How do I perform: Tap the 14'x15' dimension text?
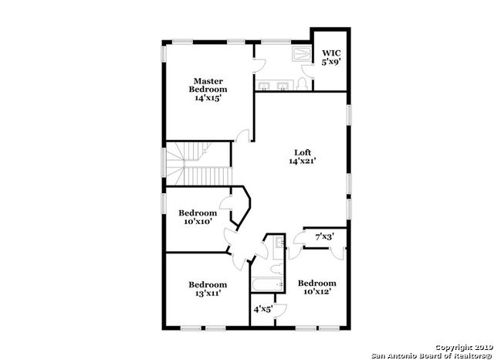click(x=208, y=99)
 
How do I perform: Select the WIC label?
click(x=330, y=53)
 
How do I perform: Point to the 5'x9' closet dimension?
click(x=330, y=62)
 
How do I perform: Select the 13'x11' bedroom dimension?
click(x=208, y=294)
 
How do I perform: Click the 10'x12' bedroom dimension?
click(x=316, y=293)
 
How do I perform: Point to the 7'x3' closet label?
click(x=325, y=238)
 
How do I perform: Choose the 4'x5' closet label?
click(x=263, y=310)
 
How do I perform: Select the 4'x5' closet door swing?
click(x=282, y=311)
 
